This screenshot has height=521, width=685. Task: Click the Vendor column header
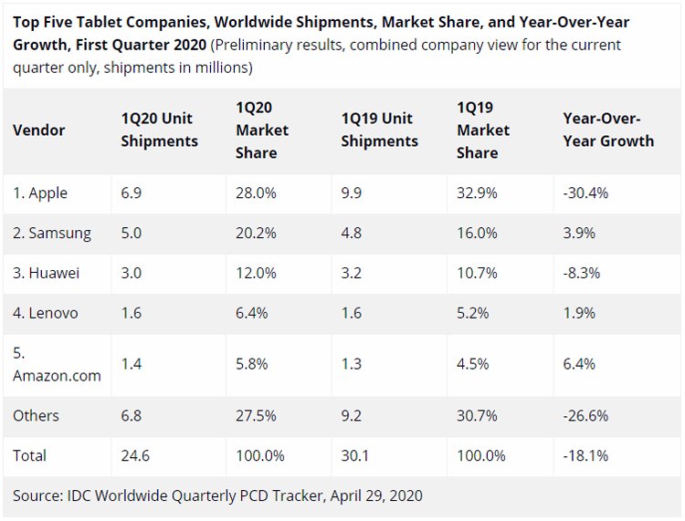39,130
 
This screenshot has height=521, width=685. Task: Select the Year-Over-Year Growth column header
608,130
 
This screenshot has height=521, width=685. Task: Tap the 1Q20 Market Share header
262,130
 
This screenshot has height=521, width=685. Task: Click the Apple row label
40,193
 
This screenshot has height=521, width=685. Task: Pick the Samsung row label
52,234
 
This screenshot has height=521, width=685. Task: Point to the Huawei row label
47,273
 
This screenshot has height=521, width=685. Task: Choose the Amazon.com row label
57,364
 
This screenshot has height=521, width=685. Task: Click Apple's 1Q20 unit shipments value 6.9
131,193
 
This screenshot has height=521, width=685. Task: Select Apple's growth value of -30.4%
585,193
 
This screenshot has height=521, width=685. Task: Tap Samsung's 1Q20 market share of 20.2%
256,233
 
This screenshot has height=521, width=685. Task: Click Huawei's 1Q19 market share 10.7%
477,273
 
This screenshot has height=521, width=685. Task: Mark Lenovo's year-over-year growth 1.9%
579,313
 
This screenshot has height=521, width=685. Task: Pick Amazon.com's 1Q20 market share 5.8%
252,364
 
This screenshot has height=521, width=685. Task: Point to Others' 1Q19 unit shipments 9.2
352,415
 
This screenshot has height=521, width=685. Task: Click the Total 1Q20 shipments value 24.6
135,455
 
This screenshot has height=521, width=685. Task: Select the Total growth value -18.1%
585,455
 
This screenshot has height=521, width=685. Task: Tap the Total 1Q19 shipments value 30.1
354,455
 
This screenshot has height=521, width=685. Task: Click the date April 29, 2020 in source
376,495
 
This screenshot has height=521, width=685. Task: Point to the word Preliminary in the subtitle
249,46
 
